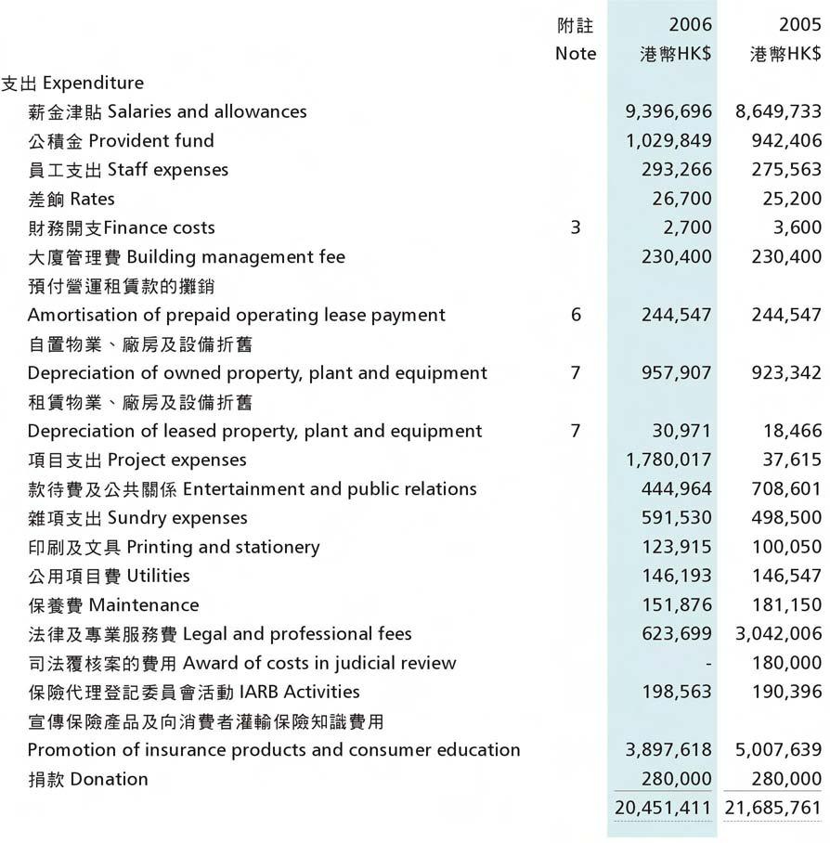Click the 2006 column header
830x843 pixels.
coord(690,25)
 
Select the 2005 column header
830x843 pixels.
coord(799,25)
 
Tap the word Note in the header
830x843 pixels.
coord(576,54)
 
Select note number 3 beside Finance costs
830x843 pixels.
coord(576,227)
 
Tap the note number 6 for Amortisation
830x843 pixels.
coord(576,315)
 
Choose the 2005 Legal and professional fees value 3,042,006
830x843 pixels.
coord(778,634)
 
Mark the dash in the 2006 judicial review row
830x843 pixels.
coord(708,663)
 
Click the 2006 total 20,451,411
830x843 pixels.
coord(664,809)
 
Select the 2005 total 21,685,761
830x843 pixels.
coord(773,809)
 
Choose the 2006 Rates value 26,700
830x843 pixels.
coord(682,199)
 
